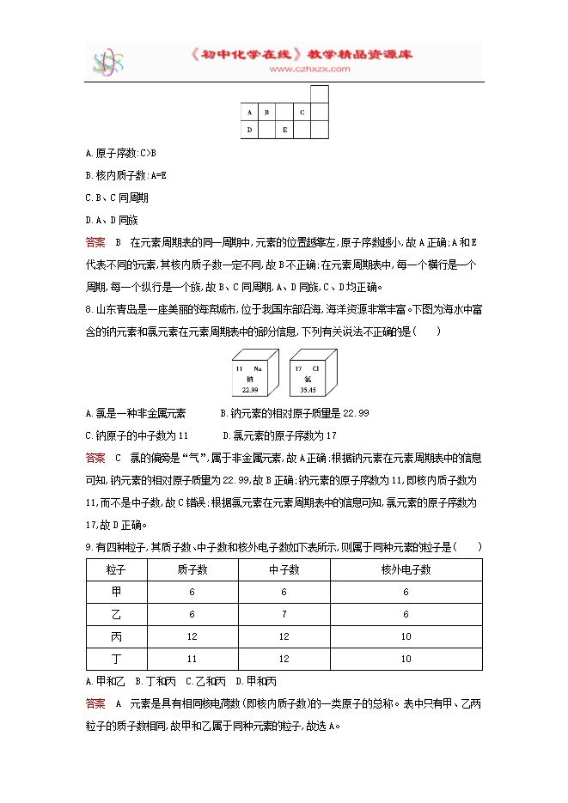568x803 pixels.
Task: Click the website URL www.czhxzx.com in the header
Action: point(303,69)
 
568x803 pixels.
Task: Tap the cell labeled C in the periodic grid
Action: point(302,112)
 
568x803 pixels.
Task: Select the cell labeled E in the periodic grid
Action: point(284,130)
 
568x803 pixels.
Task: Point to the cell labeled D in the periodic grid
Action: point(249,130)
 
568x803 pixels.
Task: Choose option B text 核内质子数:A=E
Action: point(126,175)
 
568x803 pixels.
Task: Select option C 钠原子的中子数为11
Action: point(137,435)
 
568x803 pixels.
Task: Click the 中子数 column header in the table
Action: point(284,570)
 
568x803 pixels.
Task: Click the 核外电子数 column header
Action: point(406,570)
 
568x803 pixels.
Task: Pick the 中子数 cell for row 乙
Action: point(284,615)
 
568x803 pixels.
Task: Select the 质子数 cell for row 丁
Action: point(192,659)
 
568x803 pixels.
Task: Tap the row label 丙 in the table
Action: point(117,637)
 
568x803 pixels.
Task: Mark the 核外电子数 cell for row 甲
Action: point(406,593)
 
